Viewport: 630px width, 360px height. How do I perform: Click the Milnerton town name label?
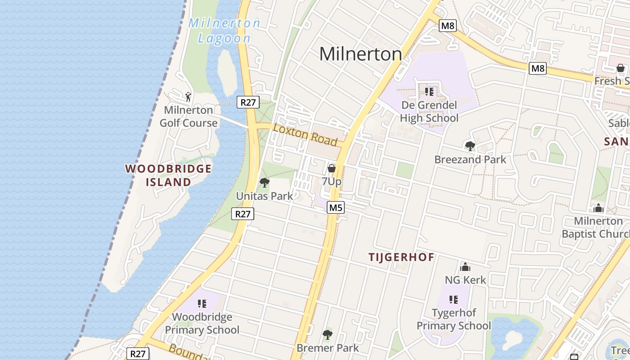pyautogui.click(x=360, y=54)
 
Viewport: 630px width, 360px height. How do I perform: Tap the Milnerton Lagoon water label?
pyautogui.click(x=224, y=31)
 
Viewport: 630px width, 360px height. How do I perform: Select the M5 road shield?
pyautogui.click(x=336, y=207)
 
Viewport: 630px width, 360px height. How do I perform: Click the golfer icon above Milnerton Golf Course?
pyautogui.click(x=189, y=96)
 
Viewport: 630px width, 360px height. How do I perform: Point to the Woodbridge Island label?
pyautogui.click(x=168, y=175)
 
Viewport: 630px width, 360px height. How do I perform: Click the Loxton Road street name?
pyautogui.click(x=305, y=135)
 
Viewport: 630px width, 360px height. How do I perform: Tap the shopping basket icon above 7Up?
pyautogui.click(x=332, y=168)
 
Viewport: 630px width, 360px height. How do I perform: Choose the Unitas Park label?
pyautogui.click(x=265, y=196)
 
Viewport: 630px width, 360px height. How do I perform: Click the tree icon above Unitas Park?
pyautogui.click(x=265, y=182)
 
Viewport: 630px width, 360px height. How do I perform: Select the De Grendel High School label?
pyautogui.click(x=429, y=112)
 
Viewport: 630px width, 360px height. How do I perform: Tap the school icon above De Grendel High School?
pyautogui.click(x=429, y=92)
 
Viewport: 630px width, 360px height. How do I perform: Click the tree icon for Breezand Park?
pyautogui.click(x=470, y=146)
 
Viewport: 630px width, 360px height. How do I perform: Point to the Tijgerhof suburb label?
pyautogui.click(x=401, y=257)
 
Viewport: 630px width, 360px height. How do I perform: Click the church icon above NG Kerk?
pyautogui.click(x=465, y=267)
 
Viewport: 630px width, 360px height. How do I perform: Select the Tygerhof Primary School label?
pyautogui.click(x=454, y=319)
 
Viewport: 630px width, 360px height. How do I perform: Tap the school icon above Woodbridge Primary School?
pyautogui.click(x=202, y=304)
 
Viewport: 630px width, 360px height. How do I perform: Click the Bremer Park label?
pyautogui.click(x=328, y=348)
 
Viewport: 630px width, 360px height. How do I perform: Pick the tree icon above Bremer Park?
pyautogui.click(x=328, y=335)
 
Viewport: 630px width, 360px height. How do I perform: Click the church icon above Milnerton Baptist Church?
pyautogui.click(x=598, y=208)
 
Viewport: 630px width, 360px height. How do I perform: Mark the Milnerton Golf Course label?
pyautogui.click(x=189, y=117)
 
